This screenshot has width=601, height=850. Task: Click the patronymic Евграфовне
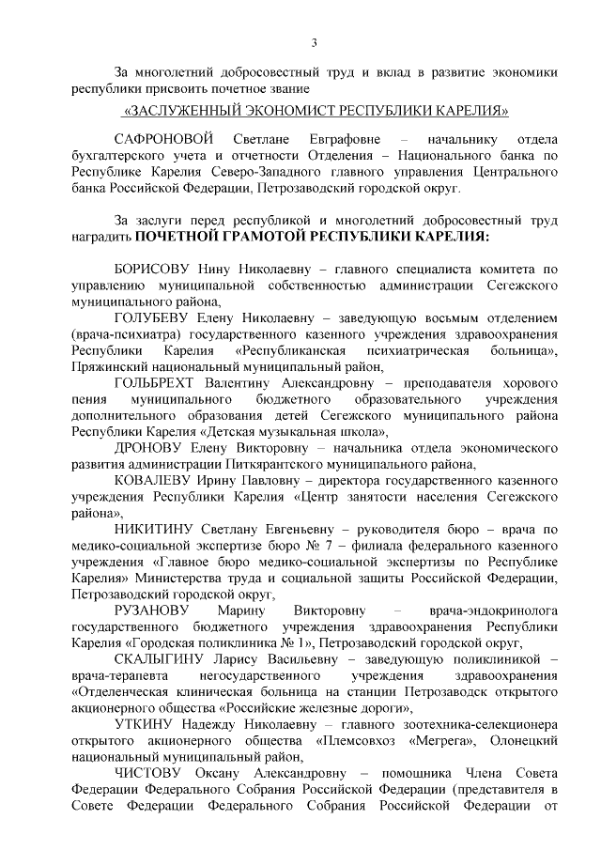pos(328,138)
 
